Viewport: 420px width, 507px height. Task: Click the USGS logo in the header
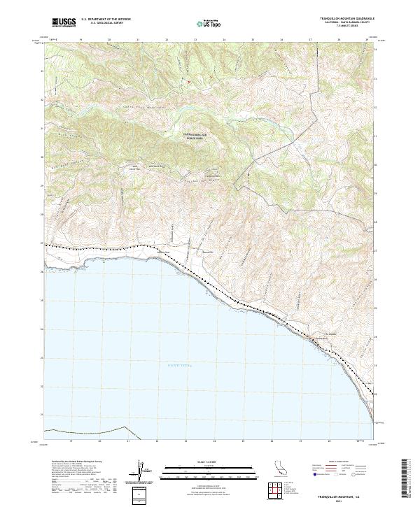click(x=64, y=23)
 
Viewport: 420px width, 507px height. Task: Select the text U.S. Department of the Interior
click(x=106, y=20)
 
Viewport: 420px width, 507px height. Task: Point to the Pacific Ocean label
click(x=179, y=365)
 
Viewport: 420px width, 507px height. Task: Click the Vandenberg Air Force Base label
click(x=197, y=137)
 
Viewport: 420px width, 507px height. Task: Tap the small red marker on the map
click(x=188, y=82)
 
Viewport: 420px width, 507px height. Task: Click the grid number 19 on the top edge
click(x=83, y=41)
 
